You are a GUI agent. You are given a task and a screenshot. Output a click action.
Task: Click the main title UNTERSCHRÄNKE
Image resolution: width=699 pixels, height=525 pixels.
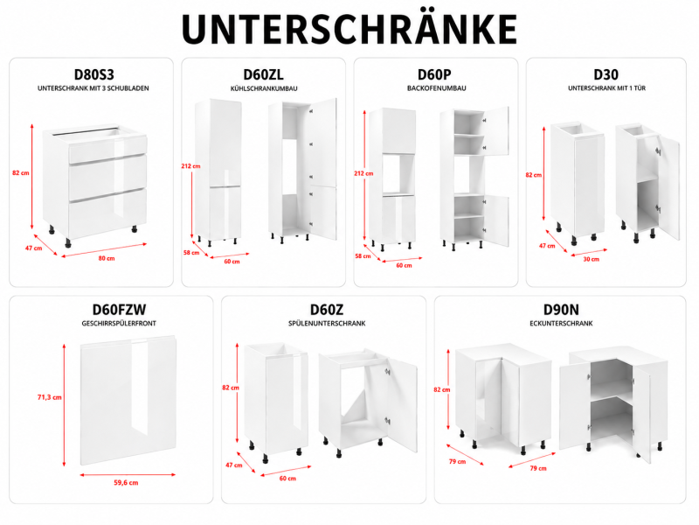click(349, 28)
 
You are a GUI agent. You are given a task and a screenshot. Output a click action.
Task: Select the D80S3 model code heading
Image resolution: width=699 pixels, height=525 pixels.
click(94, 74)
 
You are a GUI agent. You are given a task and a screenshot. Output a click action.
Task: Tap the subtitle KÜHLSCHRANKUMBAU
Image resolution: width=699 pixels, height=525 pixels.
click(264, 88)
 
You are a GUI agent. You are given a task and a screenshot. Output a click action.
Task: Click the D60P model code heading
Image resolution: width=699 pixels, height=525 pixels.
click(434, 74)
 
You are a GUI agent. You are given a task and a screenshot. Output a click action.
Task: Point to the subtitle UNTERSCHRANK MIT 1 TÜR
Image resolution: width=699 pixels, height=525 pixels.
click(606, 88)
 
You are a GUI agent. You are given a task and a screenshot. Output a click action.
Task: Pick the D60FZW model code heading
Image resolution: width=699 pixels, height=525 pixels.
click(119, 310)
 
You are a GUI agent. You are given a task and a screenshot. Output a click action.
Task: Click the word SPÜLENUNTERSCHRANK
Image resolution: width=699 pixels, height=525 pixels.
click(327, 323)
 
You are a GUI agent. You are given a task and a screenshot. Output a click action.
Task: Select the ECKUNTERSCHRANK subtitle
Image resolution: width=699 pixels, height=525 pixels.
click(561, 323)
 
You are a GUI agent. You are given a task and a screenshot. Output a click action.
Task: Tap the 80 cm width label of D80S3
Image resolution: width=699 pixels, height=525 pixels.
click(107, 258)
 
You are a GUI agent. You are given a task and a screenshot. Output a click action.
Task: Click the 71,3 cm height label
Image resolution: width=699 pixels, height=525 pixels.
click(50, 397)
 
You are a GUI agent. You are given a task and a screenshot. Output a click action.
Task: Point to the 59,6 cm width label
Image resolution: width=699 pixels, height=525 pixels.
click(126, 483)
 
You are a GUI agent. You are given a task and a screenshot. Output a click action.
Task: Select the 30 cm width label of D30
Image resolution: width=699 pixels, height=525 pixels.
click(592, 259)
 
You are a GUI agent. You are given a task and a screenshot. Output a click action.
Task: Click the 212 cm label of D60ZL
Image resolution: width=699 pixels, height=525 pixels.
click(190, 166)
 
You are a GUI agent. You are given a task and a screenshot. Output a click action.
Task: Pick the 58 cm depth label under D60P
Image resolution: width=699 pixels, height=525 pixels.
click(363, 256)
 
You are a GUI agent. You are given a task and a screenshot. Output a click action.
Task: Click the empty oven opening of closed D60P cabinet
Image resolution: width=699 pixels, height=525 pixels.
click(398, 173)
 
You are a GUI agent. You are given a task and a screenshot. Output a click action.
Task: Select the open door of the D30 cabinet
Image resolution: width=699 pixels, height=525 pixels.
click(668, 187)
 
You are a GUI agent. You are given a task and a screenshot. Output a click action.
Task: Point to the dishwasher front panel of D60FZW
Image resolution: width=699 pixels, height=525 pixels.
click(128, 400)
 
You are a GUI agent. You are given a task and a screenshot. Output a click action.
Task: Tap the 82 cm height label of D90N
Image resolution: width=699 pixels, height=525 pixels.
click(442, 389)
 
